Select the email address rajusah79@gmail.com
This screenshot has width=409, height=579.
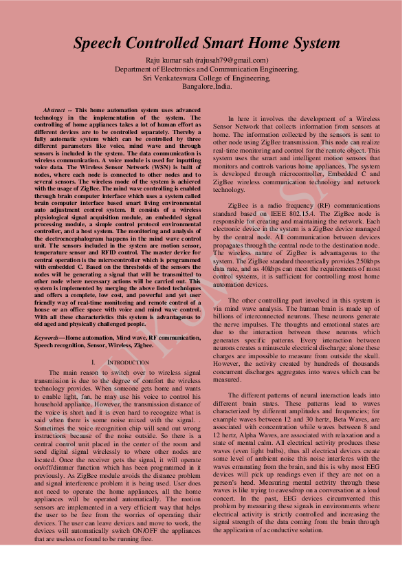[x=231, y=61]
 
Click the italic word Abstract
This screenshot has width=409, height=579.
[x=54, y=110]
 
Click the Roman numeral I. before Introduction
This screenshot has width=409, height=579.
[x=93, y=362]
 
